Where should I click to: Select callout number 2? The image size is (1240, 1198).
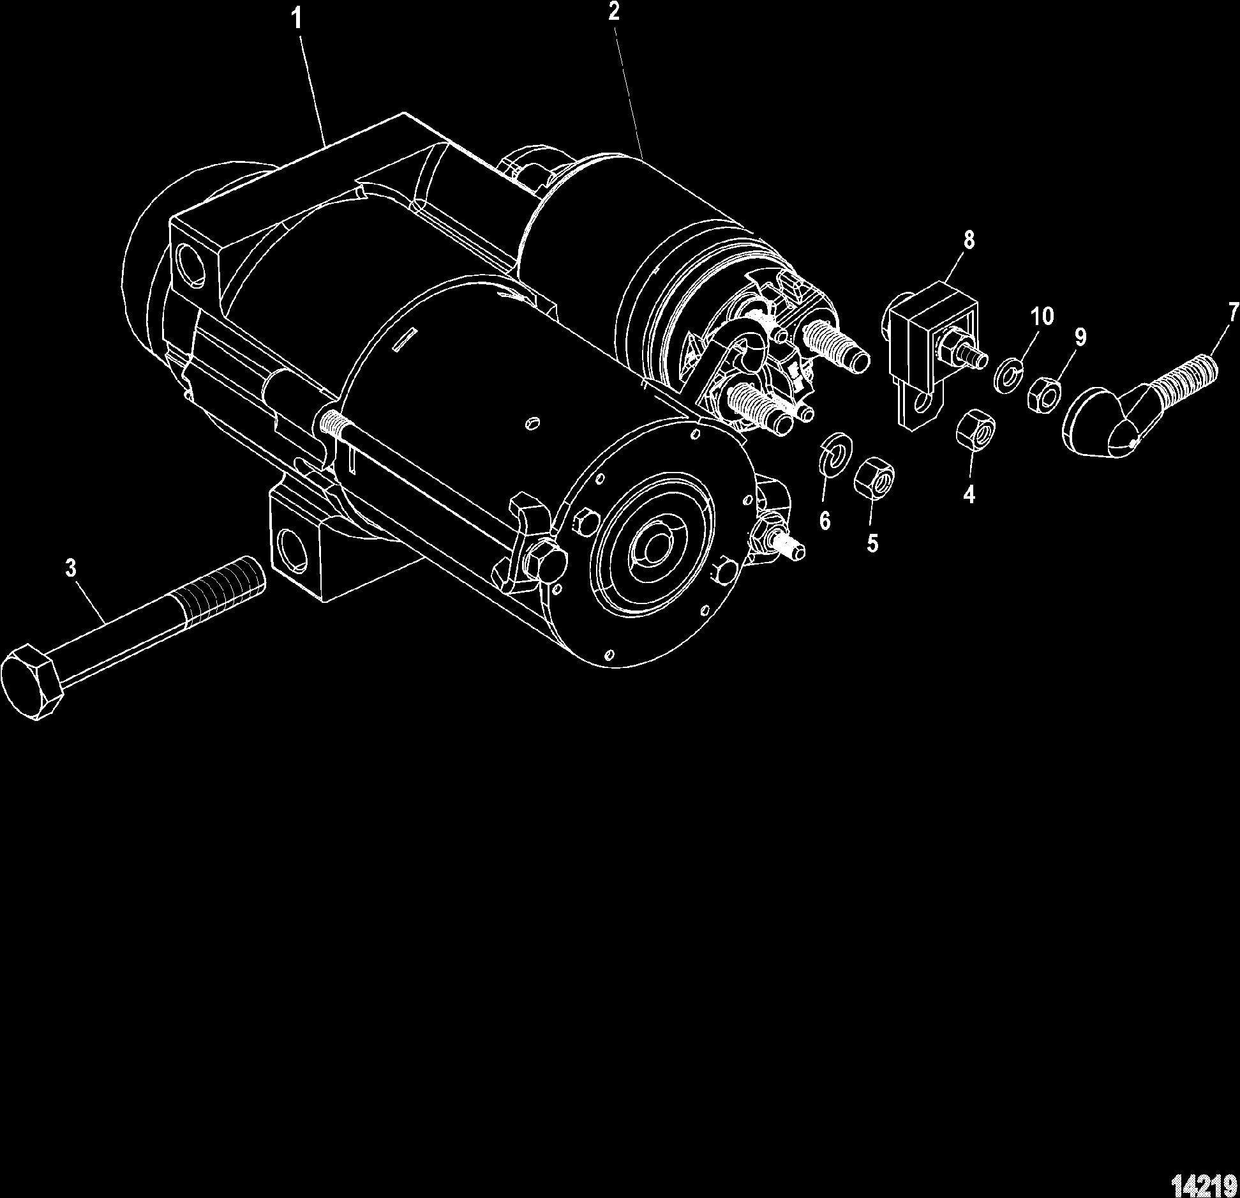[613, 12]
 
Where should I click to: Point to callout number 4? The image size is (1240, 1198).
[969, 494]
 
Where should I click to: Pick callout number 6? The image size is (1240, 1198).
[825, 521]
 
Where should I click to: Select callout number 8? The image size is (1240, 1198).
[969, 240]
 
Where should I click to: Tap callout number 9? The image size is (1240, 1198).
[1079, 337]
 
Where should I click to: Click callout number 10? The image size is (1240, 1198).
[1042, 316]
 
